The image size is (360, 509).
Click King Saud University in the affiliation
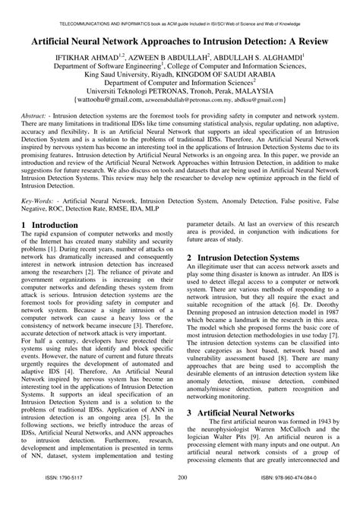coord(117,75)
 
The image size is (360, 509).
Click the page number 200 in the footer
coord(182,498)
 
